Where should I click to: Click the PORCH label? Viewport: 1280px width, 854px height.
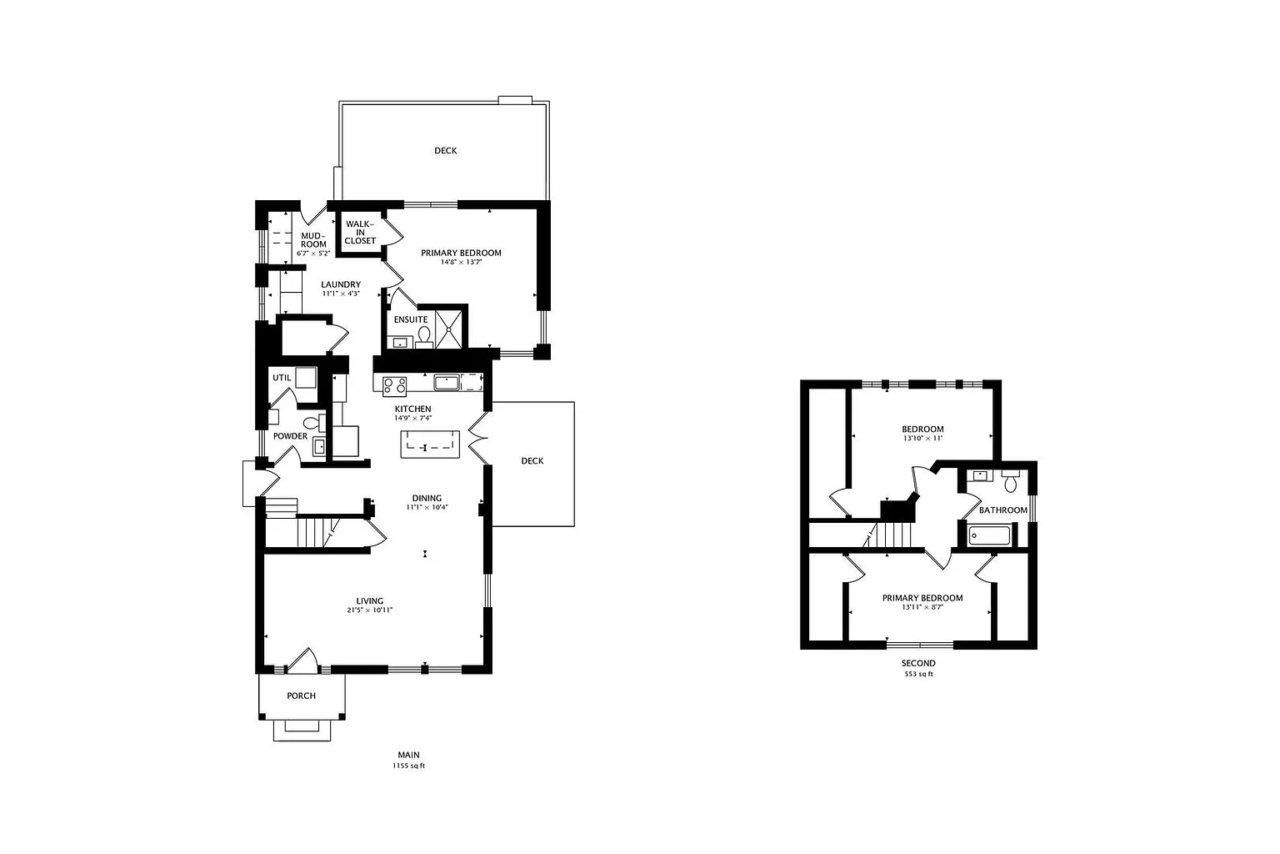click(301, 696)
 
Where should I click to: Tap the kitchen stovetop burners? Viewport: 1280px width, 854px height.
click(395, 385)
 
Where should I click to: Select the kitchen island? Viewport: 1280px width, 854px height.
click(430, 445)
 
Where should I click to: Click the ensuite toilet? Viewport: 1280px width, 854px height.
click(424, 337)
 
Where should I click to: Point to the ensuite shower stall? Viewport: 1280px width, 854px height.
click(448, 329)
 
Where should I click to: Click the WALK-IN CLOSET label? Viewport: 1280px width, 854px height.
click(360, 232)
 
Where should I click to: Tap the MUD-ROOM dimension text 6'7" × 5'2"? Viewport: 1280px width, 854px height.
click(313, 253)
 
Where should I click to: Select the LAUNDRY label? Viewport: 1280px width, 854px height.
click(341, 284)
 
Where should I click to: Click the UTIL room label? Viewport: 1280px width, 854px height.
click(282, 378)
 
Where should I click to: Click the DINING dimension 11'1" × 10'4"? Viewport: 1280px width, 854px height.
click(427, 507)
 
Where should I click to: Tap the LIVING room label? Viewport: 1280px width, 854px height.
click(370, 600)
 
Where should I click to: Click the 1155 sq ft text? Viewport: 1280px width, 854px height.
click(408, 766)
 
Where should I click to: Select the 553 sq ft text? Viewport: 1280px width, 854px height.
click(918, 674)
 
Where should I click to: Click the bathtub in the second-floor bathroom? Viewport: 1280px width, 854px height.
click(990, 536)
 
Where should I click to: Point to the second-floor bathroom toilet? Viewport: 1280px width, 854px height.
click(1011, 482)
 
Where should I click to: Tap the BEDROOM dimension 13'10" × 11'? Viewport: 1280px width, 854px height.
click(922, 438)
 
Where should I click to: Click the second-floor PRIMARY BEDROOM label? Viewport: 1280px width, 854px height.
click(922, 598)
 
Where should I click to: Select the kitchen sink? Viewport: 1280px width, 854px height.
click(446, 382)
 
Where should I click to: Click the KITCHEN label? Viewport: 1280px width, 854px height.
click(412, 409)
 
